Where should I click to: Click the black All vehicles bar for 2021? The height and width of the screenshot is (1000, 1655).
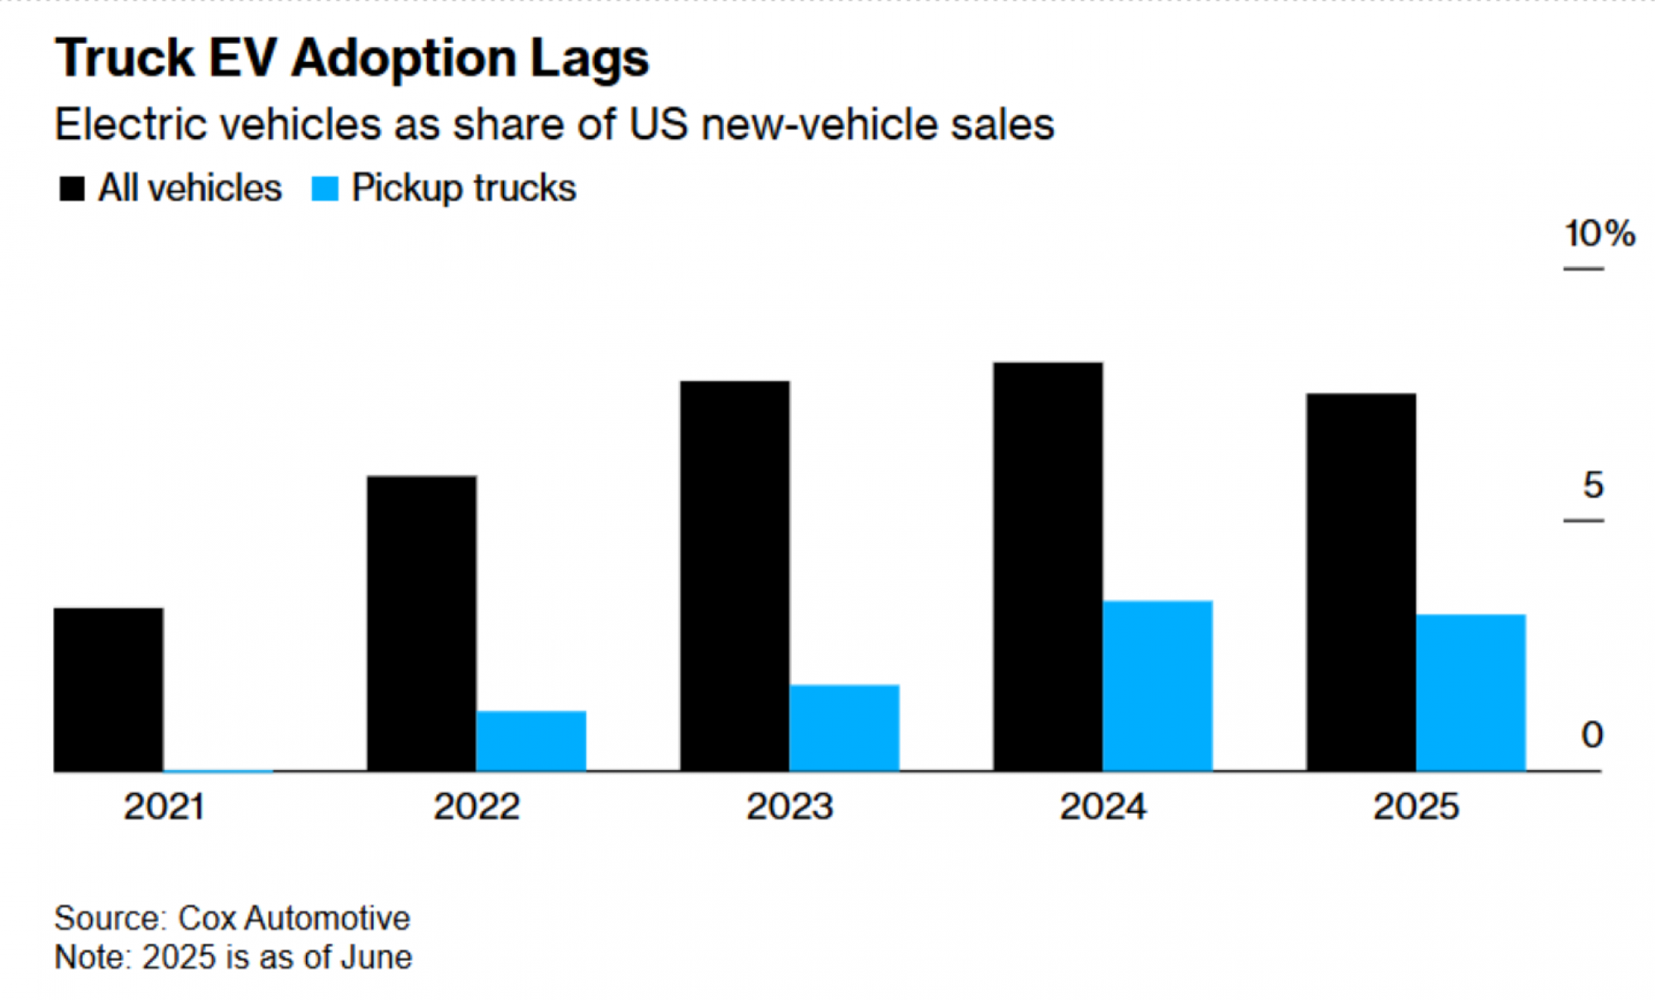coord(108,690)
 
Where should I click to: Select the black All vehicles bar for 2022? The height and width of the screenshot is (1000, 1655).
coord(422,623)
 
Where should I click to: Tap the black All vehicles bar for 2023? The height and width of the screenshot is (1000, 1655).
coord(735,576)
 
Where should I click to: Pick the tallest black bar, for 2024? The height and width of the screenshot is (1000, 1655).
coord(1048,567)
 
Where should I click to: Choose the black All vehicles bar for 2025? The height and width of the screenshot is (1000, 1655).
coord(1361,582)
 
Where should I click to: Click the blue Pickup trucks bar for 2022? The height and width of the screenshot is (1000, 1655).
coord(531,741)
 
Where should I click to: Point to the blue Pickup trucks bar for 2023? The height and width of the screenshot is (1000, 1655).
coord(844,728)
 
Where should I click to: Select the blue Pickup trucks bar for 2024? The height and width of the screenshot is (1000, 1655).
coord(1158,685)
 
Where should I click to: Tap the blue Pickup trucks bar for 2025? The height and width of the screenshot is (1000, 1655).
coord(1470,692)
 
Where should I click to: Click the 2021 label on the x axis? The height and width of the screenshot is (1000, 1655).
coord(164,806)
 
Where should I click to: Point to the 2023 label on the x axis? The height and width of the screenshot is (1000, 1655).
coord(789,806)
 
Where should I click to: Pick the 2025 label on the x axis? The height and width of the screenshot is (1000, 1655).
coord(1416,806)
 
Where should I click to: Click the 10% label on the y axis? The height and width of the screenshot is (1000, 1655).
coord(1599,233)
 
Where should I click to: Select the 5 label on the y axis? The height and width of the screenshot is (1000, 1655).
coord(1593,485)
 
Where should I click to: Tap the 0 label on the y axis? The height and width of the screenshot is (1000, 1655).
coord(1592,735)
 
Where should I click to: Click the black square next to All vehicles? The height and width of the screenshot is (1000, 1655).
coord(72,189)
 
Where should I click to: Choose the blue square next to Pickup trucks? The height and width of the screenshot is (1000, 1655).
coord(324,189)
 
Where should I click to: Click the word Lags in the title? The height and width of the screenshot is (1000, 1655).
coord(589,60)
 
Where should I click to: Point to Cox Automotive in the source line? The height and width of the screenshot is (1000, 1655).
coord(294,918)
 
